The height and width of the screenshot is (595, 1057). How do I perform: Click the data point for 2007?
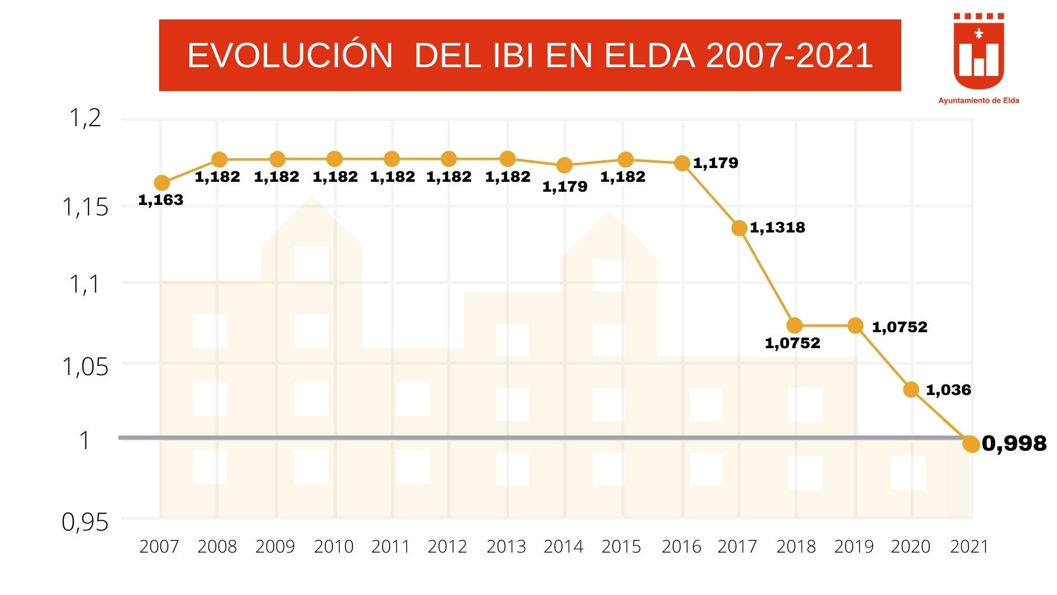(x=161, y=183)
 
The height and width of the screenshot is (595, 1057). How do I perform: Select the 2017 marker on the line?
(x=739, y=228)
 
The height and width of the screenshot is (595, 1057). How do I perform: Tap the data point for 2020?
(x=911, y=390)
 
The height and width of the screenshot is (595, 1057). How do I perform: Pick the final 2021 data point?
(x=972, y=444)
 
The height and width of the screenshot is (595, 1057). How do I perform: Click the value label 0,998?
(x=1014, y=443)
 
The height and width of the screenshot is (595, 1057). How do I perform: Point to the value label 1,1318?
(x=777, y=228)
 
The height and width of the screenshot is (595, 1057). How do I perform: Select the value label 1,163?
(x=160, y=200)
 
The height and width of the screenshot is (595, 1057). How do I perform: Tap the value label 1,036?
(x=948, y=390)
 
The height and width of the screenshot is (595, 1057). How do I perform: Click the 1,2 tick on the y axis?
(x=85, y=118)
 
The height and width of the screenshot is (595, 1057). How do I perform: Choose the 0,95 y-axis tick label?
(x=85, y=522)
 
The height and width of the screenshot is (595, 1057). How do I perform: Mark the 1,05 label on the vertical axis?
(x=85, y=367)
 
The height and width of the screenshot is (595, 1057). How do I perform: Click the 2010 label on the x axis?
(x=334, y=547)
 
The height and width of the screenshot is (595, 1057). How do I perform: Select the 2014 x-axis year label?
(x=563, y=547)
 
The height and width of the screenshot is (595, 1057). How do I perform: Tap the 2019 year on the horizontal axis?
(x=854, y=547)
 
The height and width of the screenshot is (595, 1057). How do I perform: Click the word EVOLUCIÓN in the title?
(x=290, y=56)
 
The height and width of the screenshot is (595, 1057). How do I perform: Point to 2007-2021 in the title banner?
(x=789, y=56)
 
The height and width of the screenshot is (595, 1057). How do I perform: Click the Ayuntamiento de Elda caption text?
(x=978, y=101)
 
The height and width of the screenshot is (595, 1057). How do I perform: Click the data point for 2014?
(x=564, y=165)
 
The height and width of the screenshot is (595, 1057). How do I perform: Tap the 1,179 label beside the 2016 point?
(x=715, y=163)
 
